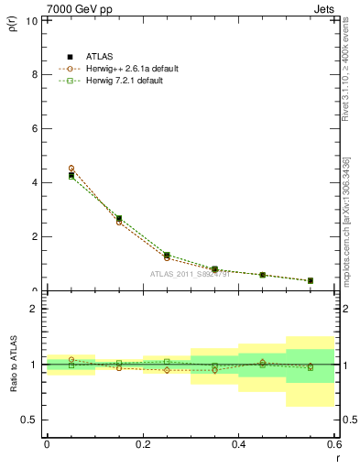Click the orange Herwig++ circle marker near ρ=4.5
tap(71, 169)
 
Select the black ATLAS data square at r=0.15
tap(119, 219)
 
